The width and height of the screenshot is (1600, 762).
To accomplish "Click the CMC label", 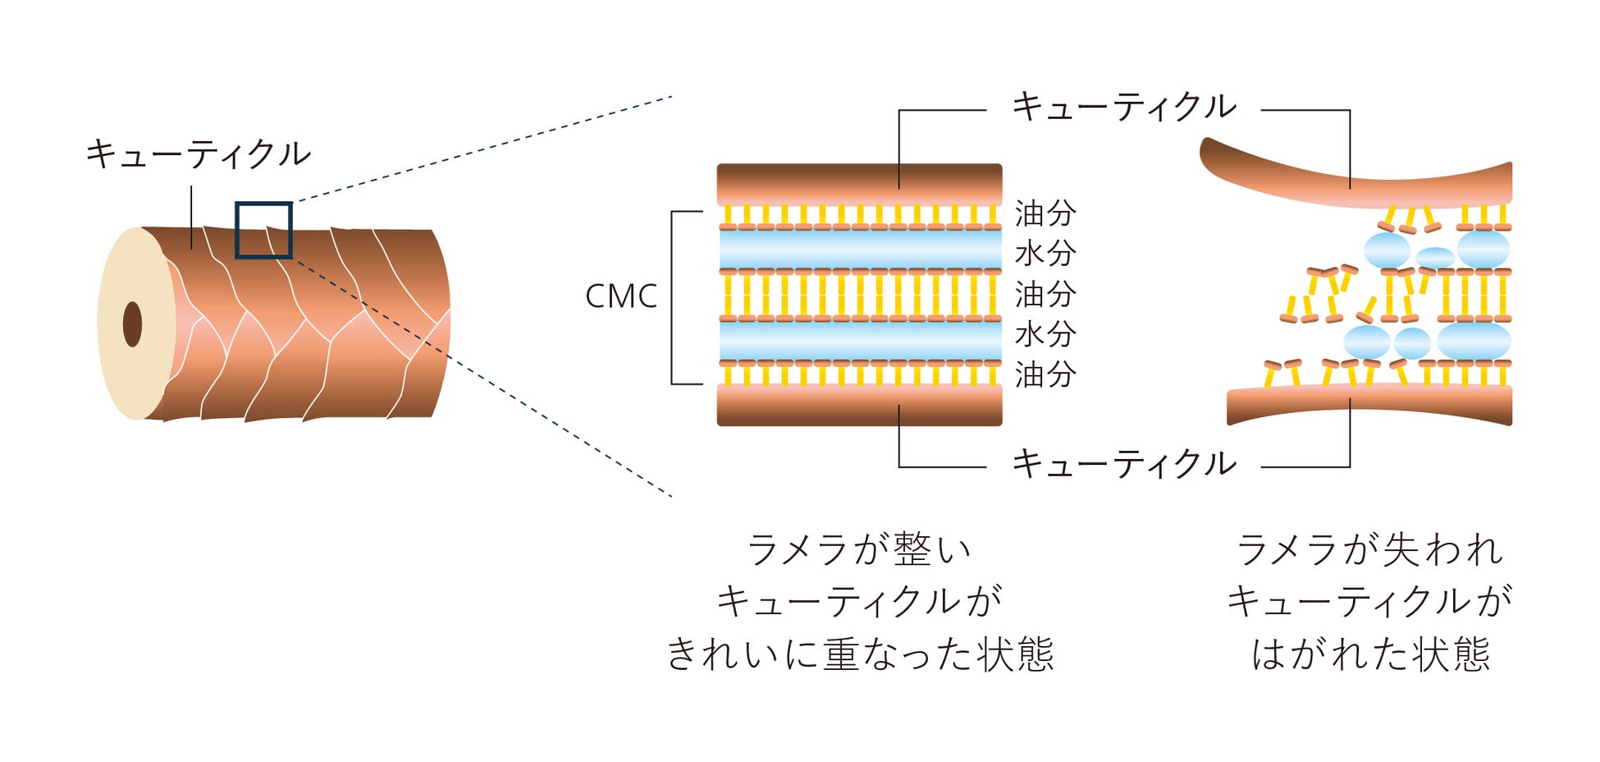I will click(x=621, y=296).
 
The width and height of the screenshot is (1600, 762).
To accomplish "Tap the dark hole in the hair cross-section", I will click(x=132, y=324).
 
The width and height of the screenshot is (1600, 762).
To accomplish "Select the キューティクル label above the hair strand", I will click(x=198, y=154).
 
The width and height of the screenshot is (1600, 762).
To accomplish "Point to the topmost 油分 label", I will click(x=1045, y=213).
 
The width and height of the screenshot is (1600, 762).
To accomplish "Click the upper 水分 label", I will click(x=1045, y=254).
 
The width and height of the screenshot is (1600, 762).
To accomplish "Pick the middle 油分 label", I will click(x=1045, y=294).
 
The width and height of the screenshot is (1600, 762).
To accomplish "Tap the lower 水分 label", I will click(x=1045, y=334).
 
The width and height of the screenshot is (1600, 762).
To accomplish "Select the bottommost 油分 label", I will click(x=1045, y=374).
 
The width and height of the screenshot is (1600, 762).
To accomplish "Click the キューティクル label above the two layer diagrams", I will click(x=1123, y=107).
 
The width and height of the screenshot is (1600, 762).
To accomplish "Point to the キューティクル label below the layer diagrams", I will click(x=1123, y=465).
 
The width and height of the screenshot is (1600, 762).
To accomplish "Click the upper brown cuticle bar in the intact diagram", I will click(x=859, y=182).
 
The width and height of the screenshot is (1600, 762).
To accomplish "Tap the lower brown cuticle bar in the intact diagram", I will click(x=859, y=406).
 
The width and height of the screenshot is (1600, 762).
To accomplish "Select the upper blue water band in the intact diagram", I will click(x=859, y=250).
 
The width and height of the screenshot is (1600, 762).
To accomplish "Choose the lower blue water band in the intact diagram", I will click(x=859, y=341).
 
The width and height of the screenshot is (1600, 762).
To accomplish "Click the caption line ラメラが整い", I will click(x=859, y=550).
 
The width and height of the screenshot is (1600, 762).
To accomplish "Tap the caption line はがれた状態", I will click(x=1370, y=655).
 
